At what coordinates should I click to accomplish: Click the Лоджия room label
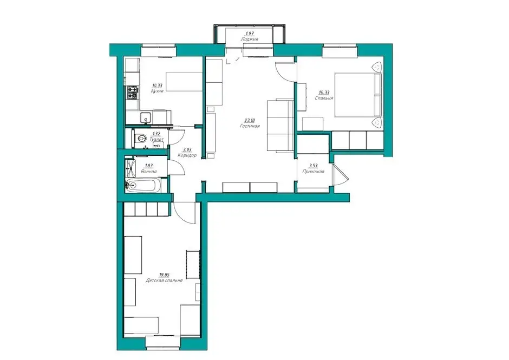(249, 39)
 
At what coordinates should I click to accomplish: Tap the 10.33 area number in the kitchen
(157, 86)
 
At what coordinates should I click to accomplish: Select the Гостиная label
(250, 126)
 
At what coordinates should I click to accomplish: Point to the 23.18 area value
(250, 120)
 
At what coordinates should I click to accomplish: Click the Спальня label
(324, 97)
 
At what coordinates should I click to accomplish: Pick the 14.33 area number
(324, 92)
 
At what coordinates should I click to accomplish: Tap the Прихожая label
(313, 172)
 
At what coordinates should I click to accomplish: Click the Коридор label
(187, 155)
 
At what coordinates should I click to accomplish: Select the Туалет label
(157, 139)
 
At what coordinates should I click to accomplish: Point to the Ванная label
(149, 172)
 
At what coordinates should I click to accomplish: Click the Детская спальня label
(164, 280)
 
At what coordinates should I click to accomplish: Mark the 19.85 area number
(164, 274)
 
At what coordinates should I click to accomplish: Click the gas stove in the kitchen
(132, 92)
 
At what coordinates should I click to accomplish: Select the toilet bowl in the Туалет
(140, 139)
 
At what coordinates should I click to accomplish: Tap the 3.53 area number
(313, 166)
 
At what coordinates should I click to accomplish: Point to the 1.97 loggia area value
(249, 33)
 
